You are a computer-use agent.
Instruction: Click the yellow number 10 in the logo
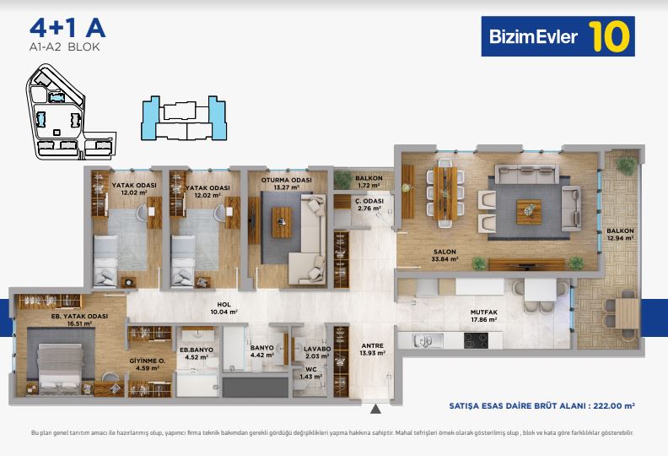[x=609, y=36]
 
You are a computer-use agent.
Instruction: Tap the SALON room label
[x=444, y=252]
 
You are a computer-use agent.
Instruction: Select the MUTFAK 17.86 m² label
[x=484, y=316]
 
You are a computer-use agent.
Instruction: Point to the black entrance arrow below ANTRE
[x=375, y=409]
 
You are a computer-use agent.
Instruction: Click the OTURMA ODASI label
[x=286, y=181]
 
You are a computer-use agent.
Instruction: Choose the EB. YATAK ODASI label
[x=79, y=316]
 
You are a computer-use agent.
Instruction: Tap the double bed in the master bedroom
[x=60, y=366]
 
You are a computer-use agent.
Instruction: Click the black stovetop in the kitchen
[x=476, y=340]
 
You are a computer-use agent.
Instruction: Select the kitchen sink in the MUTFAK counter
[x=423, y=340]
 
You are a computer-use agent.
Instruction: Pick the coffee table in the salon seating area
[x=529, y=212]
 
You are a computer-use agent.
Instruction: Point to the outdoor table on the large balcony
[x=628, y=313]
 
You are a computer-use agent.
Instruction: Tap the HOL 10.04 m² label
[x=224, y=308]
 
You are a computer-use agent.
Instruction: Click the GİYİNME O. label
[x=148, y=361]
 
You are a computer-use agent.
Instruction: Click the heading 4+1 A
[x=67, y=28]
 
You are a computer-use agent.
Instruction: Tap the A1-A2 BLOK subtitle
[x=64, y=47]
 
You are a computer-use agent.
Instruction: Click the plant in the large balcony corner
[x=626, y=166]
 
